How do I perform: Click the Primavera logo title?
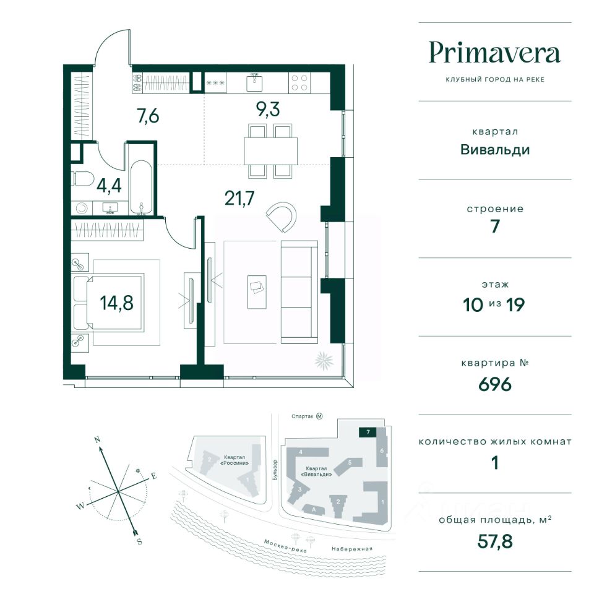(x=494, y=53)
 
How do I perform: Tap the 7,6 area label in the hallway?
(x=148, y=116)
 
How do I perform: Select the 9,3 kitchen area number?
(x=268, y=109)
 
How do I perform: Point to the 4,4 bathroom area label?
(x=109, y=186)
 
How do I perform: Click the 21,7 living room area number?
(x=239, y=198)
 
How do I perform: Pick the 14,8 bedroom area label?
(x=117, y=303)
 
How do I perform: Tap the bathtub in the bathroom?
(x=141, y=187)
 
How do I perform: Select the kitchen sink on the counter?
(x=254, y=82)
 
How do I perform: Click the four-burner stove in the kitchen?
(x=299, y=82)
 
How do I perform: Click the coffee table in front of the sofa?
(x=257, y=292)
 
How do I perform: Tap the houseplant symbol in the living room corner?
(x=324, y=360)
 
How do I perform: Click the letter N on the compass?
(x=97, y=440)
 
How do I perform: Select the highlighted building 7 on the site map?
(x=368, y=432)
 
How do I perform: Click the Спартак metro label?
(x=303, y=416)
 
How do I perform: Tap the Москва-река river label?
(x=285, y=546)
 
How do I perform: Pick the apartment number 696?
(x=495, y=384)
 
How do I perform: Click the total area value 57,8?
(x=495, y=541)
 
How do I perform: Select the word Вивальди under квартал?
(x=495, y=150)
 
